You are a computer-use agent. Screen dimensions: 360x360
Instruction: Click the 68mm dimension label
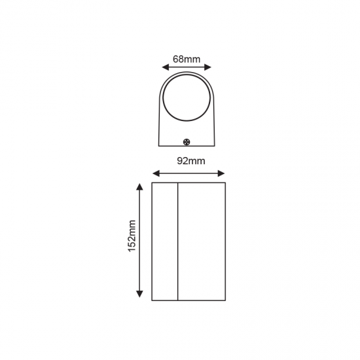pyautogui.click(x=187, y=59)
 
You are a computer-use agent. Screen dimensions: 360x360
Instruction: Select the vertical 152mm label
pyautogui.click(x=132, y=236)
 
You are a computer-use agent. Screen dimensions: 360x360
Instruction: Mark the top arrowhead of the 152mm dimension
pyautogui.click(x=139, y=187)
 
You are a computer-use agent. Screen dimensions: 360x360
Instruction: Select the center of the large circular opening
pyautogui.click(x=187, y=98)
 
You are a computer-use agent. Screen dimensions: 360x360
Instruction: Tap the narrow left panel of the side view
pyautogui.click(x=165, y=242)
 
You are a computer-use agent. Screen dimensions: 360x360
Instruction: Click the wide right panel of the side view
pyautogui.click(x=202, y=242)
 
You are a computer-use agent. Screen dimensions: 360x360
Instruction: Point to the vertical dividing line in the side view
pyautogui.click(x=178, y=242)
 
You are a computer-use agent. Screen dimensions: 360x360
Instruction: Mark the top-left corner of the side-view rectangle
pyautogui.click(x=152, y=183)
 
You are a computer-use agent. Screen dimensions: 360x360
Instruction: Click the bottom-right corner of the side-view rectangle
pyautogui.click(x=225, y=300)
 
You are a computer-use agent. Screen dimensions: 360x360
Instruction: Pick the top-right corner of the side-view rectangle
pyautogui.click(x=225, y=183)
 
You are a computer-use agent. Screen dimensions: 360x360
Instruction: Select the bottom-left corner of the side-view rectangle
pyautogui.click(x=152, y=300)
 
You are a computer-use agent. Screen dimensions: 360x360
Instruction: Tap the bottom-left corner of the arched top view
pyautogui.click(x=159, y=146)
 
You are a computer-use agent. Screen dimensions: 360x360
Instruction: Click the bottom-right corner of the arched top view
pyautogui.click(x=215, y=146)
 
